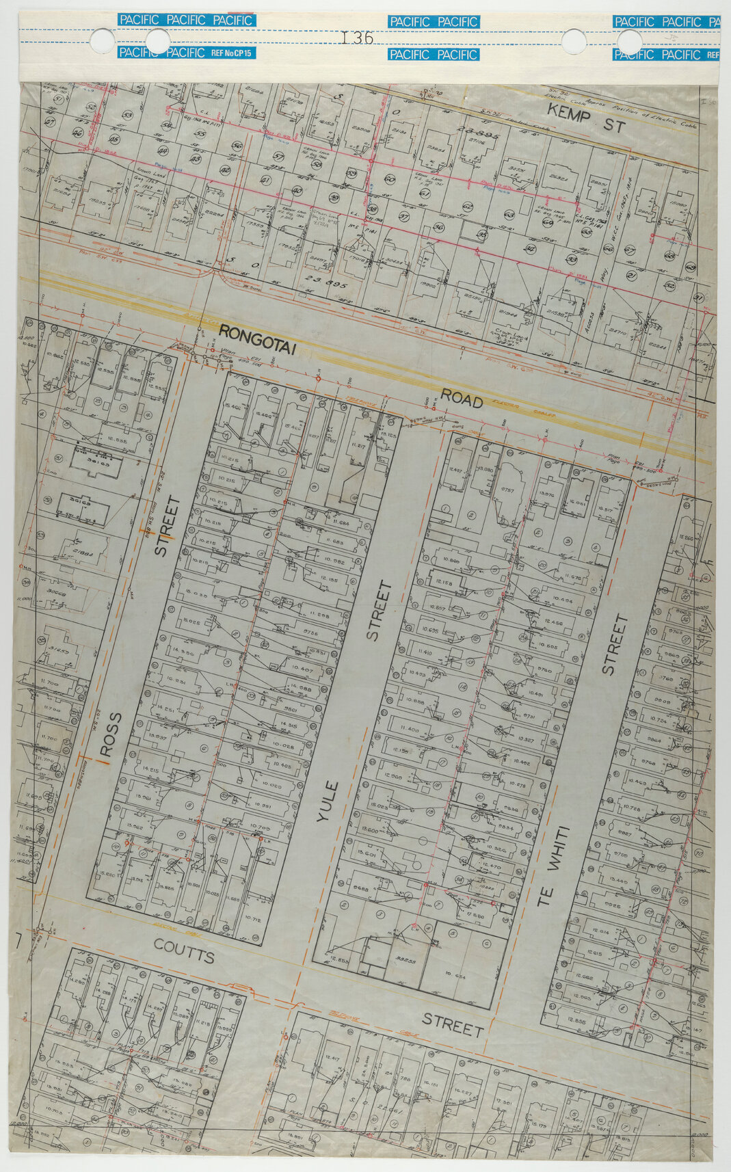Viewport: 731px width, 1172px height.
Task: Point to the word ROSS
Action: coord(110,736)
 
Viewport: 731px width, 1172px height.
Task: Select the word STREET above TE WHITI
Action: coord(614,645)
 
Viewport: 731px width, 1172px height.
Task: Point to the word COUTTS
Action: coord(183,952)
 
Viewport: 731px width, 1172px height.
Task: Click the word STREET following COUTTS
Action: coord(453,1024)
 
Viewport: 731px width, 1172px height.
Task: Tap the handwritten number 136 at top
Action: coord(357,38)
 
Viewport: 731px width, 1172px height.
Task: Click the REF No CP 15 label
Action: coord(232,53)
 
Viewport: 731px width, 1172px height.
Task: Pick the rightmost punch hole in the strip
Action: coord(629,42)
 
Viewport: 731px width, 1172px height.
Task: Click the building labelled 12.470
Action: coord(490,866)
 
